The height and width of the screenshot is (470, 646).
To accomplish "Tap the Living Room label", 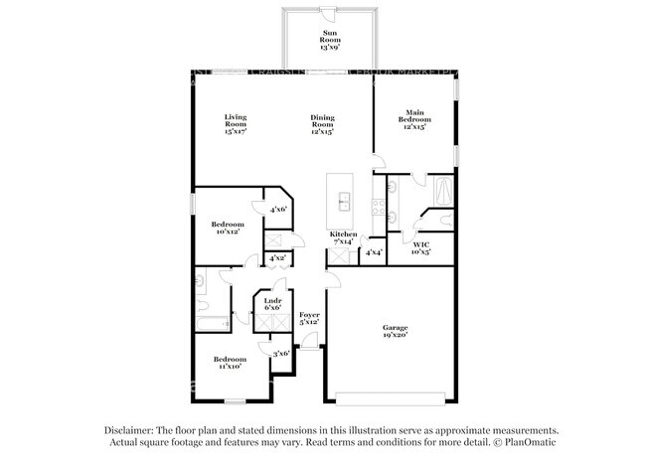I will pos(235,122).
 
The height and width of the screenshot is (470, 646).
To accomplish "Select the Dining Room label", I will pos(321,122).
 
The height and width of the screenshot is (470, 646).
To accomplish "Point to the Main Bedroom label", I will pos(414,118).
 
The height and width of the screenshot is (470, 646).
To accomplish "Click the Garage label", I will pos(397,331).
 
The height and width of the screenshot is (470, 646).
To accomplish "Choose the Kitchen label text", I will pos(344,237).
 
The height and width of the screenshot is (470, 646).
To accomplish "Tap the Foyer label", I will pos(310,317).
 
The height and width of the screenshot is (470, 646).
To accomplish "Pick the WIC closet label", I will pos(420,247).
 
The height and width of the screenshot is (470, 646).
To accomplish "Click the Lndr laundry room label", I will pos(272,303).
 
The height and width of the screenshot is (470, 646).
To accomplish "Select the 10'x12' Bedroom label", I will pos(227,228).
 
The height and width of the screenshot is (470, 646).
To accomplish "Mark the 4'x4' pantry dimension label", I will pos(374,252).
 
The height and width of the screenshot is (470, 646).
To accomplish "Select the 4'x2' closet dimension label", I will pos(277,258).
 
